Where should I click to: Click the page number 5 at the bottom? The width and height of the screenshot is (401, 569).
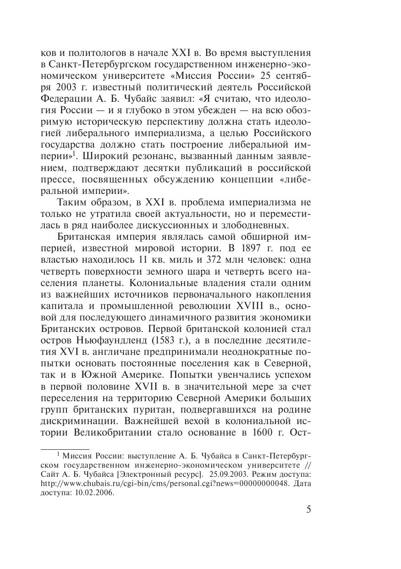click(x=308, y=509)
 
